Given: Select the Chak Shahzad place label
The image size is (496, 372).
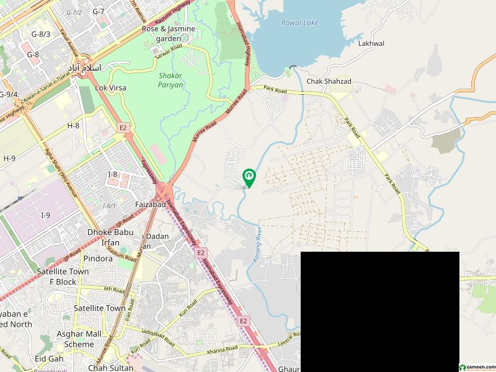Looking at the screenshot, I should click(329, 81).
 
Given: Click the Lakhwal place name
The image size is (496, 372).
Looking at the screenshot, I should click(371, 44).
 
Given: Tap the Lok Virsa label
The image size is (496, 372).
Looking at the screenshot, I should click(110, 88).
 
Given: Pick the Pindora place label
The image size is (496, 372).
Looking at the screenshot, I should click(82, 257).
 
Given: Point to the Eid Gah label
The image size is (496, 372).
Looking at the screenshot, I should click(49, 359).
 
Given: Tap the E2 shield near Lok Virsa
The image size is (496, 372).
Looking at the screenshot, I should click(123, 128).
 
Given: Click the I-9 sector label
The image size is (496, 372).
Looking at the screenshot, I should click(45, 215).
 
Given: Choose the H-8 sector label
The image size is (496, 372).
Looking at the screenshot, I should click(73, 126).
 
